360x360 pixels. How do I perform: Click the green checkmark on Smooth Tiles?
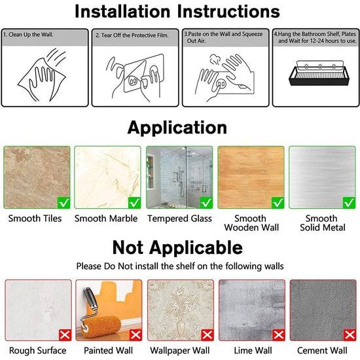click(x=64, y=202)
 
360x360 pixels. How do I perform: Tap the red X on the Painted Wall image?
click(x=135, y=335)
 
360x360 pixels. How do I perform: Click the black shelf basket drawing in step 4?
click(x=319, y=73)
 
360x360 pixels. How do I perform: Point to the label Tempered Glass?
click(x=179, y=219)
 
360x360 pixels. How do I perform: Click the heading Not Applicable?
click(x=177, y=247)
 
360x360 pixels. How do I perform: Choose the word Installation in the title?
click(x=122, y=11)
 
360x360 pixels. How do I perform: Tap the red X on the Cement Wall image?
click(x=350, y=335)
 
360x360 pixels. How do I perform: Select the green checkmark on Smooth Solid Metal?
click(x=349, y=202)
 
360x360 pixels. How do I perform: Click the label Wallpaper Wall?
click(x=180, y=351)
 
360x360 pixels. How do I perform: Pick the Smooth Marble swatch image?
click(x=107, y=177)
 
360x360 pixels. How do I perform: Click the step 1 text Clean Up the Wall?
click(x=28, y=35)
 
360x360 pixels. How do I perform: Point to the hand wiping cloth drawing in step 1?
click(x=43, y=75)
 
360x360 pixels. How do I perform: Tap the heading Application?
click(x=177, y=128)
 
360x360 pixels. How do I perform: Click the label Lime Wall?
click(x=253, y=351)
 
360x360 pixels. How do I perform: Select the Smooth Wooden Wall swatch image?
click(x=251, y=177)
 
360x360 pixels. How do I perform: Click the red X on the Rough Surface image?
click(x=65, y=335)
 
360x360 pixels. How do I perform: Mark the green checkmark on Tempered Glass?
click(x=206, y=202)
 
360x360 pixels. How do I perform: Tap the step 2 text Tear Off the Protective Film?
click(x=132, y=35)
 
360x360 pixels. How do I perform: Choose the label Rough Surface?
click(x=38, y=351)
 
